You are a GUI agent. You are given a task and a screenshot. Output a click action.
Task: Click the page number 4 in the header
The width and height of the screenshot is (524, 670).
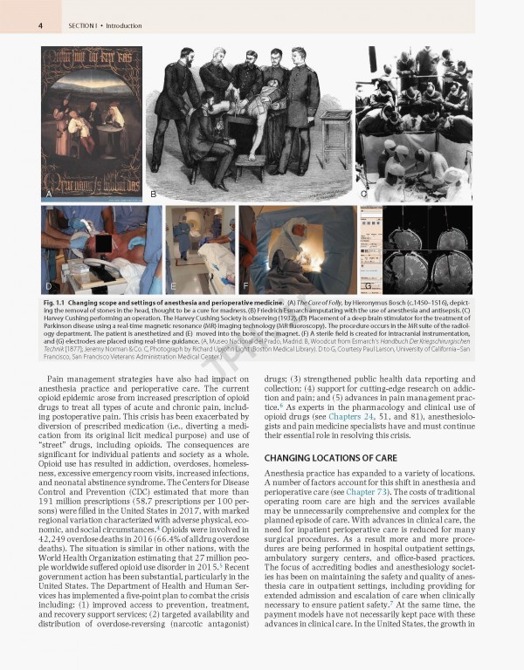[x=41, y=26]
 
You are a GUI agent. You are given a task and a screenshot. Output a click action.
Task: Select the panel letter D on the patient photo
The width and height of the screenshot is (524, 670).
[x=48, y=286]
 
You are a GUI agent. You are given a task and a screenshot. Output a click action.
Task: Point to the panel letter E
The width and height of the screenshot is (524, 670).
[x=173, y=286]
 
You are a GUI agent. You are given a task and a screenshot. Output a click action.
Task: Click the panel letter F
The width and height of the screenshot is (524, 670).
[x=246, y=286]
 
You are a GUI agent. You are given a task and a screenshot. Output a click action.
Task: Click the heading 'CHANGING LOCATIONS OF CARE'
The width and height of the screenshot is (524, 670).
[x=323, y=458]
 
